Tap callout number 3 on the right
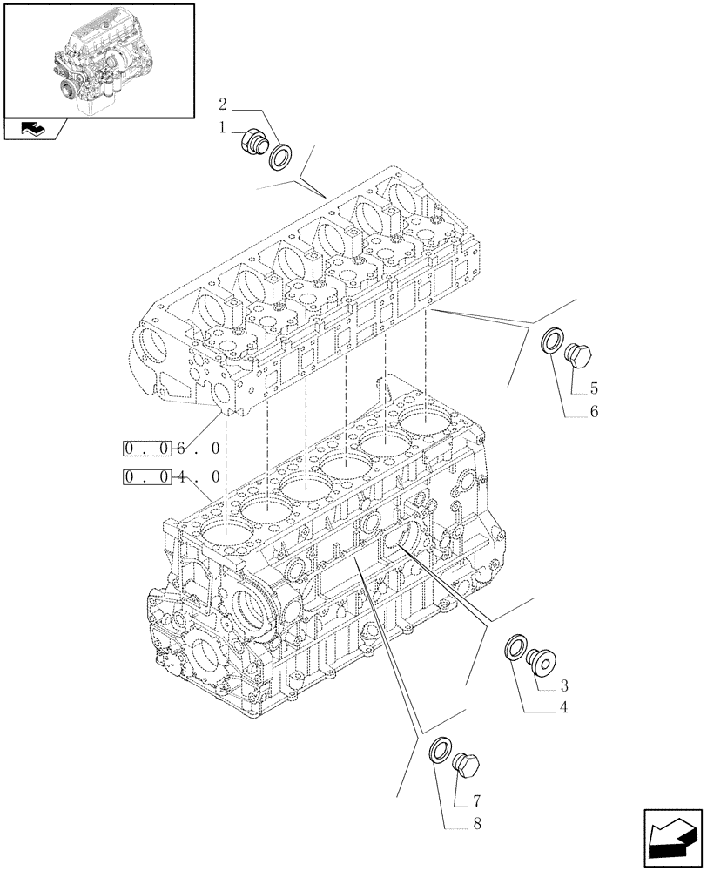pyautogui.click(x=564, y=685)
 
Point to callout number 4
pyautogui.click(x=564, y=708)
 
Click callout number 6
pyautogui.click(x=593, y=412)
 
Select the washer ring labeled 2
pyautogui.click(x=281, y=158)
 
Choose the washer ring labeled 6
pyautogui.click(x=552, y=342)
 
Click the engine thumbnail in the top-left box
pyautogui.click(x=98, y=58)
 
